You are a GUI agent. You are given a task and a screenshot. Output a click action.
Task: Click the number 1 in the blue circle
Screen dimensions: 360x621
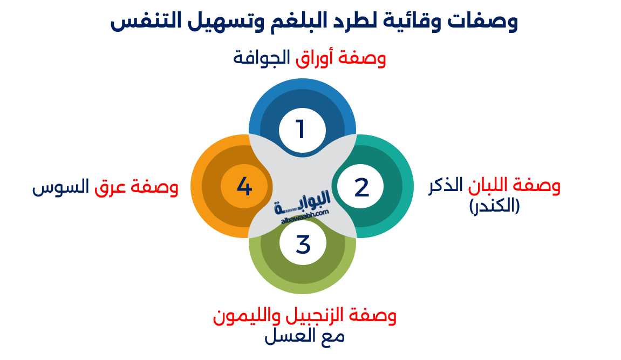tap(301, 130)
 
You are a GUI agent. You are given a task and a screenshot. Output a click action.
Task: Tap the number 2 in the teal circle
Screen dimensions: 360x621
tap(361, 187)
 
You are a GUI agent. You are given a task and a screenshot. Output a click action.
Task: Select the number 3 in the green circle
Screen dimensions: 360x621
tap(303, 244)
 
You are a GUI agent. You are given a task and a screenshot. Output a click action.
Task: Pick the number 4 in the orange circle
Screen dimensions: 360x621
tap(244, 187)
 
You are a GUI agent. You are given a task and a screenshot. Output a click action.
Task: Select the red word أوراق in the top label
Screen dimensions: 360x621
tap(313, 57)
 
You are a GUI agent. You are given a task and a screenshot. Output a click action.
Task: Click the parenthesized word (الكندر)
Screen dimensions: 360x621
tap(494, 206)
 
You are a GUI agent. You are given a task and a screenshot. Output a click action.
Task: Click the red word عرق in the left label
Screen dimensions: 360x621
tap(109, 188)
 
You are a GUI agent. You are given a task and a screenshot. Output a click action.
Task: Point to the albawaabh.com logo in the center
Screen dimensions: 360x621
tap(304, 209)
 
